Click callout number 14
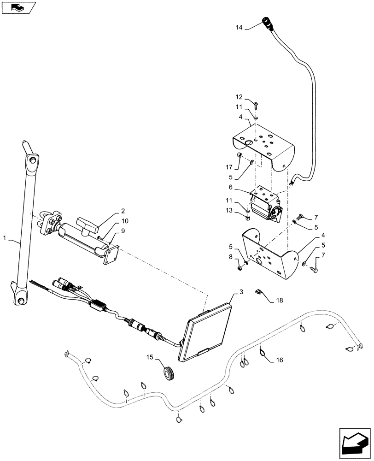238,28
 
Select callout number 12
238,97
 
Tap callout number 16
280,360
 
